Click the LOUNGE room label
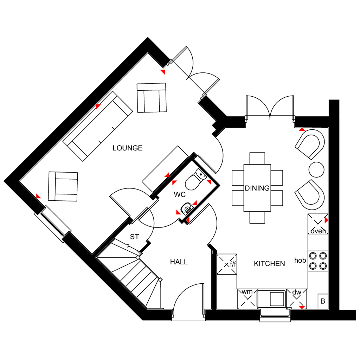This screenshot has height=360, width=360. click(x=127, y=148)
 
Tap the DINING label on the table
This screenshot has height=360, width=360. click(x=257, y=188)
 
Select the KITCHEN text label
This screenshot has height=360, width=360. click(x=269, y=264)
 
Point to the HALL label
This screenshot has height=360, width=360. click(x=179, y=262)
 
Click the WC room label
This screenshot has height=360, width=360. click(x=180, y=195)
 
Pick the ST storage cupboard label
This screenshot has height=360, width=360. click(x=135, y=237)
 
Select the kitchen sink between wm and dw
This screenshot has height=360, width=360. click(x=272, y=299)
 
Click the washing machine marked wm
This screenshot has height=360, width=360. click(x=247, y=299)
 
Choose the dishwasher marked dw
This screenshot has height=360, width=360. click(x=297, y=299)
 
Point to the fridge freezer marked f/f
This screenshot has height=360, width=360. click(x=227, y=264)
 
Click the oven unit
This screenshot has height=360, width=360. click(x=318, y=224)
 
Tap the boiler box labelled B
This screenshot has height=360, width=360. click(x=323, y=301)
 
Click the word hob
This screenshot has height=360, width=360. click(x=300, y=261)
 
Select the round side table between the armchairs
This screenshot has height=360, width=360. click(x=316, y=170)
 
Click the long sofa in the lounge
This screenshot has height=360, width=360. click(x=98, y=126)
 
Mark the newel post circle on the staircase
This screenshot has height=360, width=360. click(x=160, y=279)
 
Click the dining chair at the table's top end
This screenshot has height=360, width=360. click(x=257, y=158)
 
